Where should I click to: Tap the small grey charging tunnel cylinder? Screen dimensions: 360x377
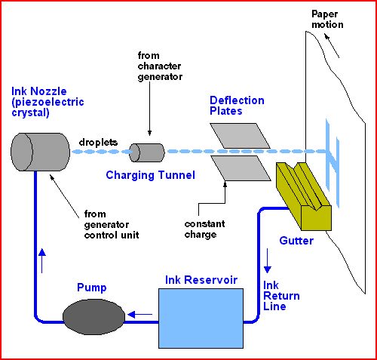click(x=147, y=152)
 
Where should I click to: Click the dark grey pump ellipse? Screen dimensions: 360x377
click(x=93, y=315)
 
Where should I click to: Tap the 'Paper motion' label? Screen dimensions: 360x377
click(x=326, y=20)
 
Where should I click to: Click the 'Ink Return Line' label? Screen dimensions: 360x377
click(x=275, y=296)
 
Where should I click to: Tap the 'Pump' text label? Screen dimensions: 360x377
click(x=91, y=288)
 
